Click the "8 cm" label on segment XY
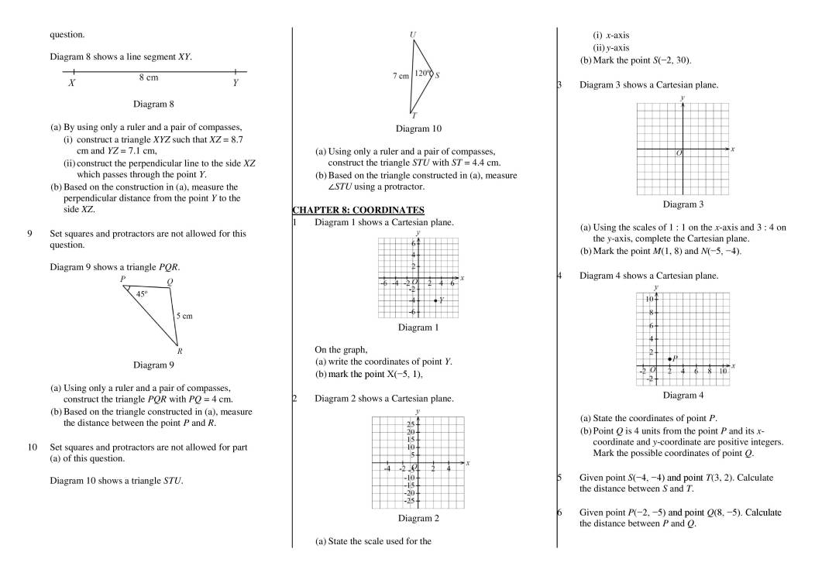coord(149,77)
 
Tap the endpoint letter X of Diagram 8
coord(71,83)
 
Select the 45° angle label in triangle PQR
coord(142,293)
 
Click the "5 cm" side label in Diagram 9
coord(184,316)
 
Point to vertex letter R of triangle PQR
coord(180,351)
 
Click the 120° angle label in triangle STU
coord(421,73)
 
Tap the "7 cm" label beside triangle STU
coord(401,77)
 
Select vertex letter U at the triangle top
coord(412,35)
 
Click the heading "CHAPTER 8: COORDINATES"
coord(358,210)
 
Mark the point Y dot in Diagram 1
coord(435,300)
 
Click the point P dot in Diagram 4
coord(669,358)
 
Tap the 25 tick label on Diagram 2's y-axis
coord(411,424)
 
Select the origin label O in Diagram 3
coord(679,153)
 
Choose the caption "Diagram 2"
coord(418,518)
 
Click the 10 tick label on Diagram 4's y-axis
coord(649,299)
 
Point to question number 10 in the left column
coord(33,447)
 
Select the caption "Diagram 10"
coord(418,129)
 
